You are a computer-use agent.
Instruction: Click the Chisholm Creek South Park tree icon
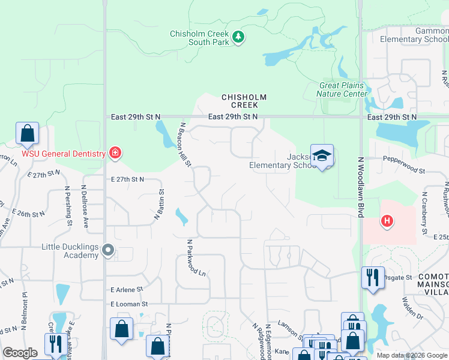[239, 38]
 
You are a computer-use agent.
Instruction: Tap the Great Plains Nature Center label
[342, 89]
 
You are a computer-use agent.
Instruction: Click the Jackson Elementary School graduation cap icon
[322, 156]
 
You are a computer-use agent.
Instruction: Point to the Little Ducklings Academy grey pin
[108, 250]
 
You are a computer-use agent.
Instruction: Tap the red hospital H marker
[388, 221]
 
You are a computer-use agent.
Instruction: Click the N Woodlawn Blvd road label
[361, 187]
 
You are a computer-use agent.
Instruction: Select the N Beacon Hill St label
[185, 144]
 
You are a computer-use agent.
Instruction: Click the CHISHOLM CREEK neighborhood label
[244, 101]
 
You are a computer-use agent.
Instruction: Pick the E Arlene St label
[126, 289]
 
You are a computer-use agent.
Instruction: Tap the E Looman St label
[128, 305]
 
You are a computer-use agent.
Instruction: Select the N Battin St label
[160, 205]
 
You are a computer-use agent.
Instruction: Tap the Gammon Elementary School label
[414, 35]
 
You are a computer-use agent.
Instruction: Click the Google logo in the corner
[20, 353]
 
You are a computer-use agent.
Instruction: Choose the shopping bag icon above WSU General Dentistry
[27, 134]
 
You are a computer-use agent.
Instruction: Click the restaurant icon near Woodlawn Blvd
[373, 278]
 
